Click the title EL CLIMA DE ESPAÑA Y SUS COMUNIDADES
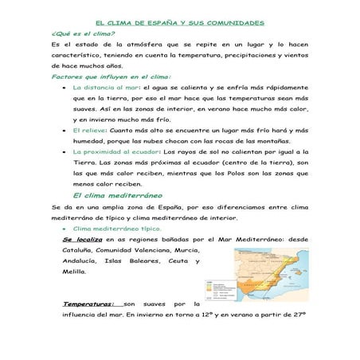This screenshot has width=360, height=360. (x=179, y=25)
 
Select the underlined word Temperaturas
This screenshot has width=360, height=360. (x=88, y=303)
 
